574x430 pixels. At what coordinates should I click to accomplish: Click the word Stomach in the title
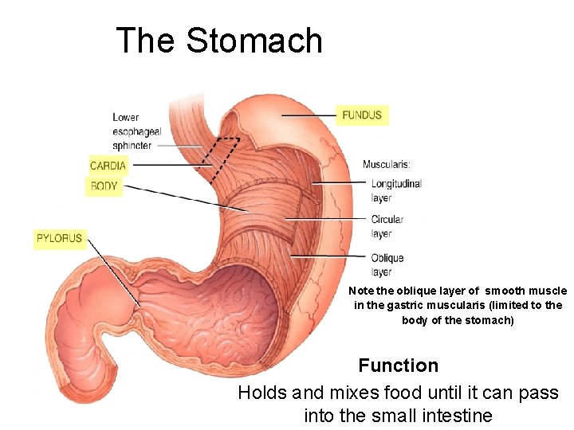pos(254,41)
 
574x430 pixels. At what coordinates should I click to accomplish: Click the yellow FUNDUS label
pos(362,115)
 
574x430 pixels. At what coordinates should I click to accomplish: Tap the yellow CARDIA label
pos(108,166)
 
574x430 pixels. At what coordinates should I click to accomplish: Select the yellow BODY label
pos(104,186)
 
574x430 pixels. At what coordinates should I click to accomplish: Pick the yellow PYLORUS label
pos(60,237)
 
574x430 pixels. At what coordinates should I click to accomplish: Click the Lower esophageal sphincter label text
pos(137,131)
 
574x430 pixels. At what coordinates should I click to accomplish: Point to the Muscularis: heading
pos(387,165)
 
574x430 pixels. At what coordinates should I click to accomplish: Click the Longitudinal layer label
pos(395,190)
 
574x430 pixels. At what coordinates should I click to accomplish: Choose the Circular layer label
pos(387,226)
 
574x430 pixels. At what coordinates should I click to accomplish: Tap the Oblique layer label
pos(387,264)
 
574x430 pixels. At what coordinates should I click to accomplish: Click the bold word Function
pos(398,365)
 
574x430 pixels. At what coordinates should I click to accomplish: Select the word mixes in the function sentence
pos(348,393)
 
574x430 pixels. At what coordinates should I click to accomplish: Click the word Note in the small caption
pos(360,291)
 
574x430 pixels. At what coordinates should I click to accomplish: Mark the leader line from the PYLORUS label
pos(112,271)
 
